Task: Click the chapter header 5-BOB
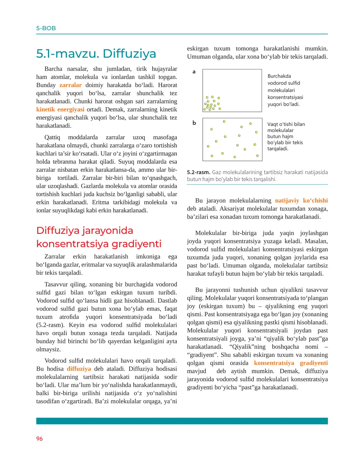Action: click(x=46, y=28)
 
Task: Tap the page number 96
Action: click(x=39, y=438)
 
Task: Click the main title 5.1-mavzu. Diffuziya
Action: click(x=96, y=54)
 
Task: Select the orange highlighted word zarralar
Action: click(x=70, y=85)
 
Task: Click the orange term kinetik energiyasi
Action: click(x=60, y=110)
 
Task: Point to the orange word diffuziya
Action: click(x=79, y=369)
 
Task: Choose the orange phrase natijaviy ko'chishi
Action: click(x=301, y=201)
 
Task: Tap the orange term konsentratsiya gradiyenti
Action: click(x=291, y=363)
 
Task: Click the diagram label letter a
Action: click(x=194, y=72)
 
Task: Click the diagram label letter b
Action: click(x=194, y=123)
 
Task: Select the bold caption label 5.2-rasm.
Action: click(x=199, y=172)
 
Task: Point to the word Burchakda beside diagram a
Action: click(x=279, y=76)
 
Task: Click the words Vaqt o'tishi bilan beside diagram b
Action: click(x=286, y=124)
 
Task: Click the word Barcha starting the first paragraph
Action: click(x=53, y=69)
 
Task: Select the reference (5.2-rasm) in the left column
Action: click(x=50, y=325)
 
